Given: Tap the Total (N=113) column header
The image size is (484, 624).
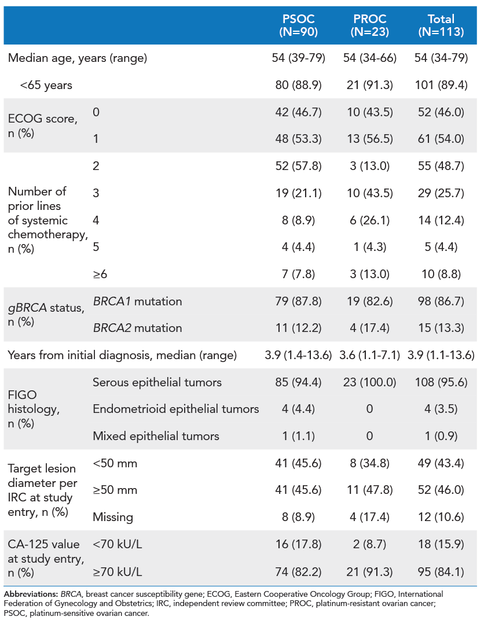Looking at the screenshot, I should (441, 26).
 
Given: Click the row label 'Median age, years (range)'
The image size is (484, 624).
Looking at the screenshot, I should (78, 58).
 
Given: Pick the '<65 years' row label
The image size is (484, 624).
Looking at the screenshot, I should (46, 85).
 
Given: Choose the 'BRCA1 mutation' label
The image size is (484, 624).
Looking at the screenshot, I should (137, 301).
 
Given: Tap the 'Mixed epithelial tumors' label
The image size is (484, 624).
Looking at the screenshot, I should (156, 436).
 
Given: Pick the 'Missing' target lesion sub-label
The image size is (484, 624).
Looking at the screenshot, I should (113, 517).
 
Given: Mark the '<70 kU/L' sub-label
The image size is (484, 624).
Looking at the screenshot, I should (117, 544).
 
